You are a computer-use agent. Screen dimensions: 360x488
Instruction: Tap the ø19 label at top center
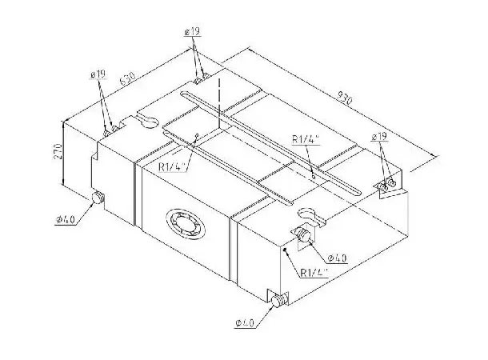click(193, 31)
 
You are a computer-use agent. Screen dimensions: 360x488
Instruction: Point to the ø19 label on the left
click(98, 74)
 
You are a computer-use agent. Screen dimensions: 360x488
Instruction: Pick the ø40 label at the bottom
click(245, 322)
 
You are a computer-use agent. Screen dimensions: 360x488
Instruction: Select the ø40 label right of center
click(337, 258)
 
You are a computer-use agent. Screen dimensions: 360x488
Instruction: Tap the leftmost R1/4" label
click(171, 166)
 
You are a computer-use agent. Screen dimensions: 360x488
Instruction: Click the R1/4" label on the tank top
click(306, 139)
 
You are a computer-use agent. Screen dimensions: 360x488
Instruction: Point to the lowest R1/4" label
click(314, 272)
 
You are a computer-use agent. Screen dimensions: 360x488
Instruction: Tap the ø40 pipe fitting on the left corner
click(98, 199)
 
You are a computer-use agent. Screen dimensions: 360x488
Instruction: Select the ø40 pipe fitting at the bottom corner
click(278, 302)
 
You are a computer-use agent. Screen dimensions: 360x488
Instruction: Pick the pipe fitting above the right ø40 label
click(303, 235)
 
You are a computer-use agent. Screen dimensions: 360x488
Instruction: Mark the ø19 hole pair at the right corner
click(390, 185)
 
